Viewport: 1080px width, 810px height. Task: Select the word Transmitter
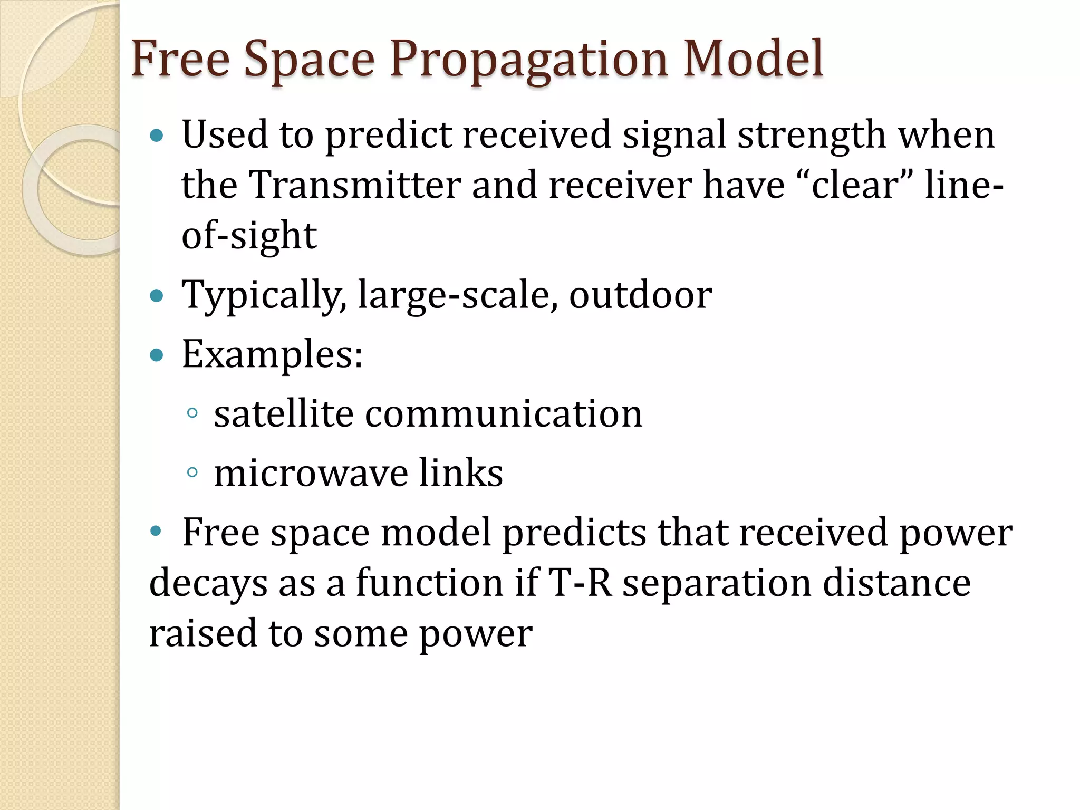pos(354,185)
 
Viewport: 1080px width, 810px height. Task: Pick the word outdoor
pos(640,295)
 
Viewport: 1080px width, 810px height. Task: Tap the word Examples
pos(272,354)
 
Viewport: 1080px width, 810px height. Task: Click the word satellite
pos(283,413)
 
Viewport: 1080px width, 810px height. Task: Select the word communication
pos(504,413)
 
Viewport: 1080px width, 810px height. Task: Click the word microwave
pos(311,472)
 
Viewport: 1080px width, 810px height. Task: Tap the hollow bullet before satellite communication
pos(192,413)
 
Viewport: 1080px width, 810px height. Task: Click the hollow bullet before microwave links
pos(192,472)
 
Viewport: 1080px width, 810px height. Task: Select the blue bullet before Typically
pos(157,295)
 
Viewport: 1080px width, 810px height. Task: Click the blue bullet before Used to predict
pos(157,136)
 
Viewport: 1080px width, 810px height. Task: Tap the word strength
pos(812,135)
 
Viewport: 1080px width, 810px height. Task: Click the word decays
pos(208,584)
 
